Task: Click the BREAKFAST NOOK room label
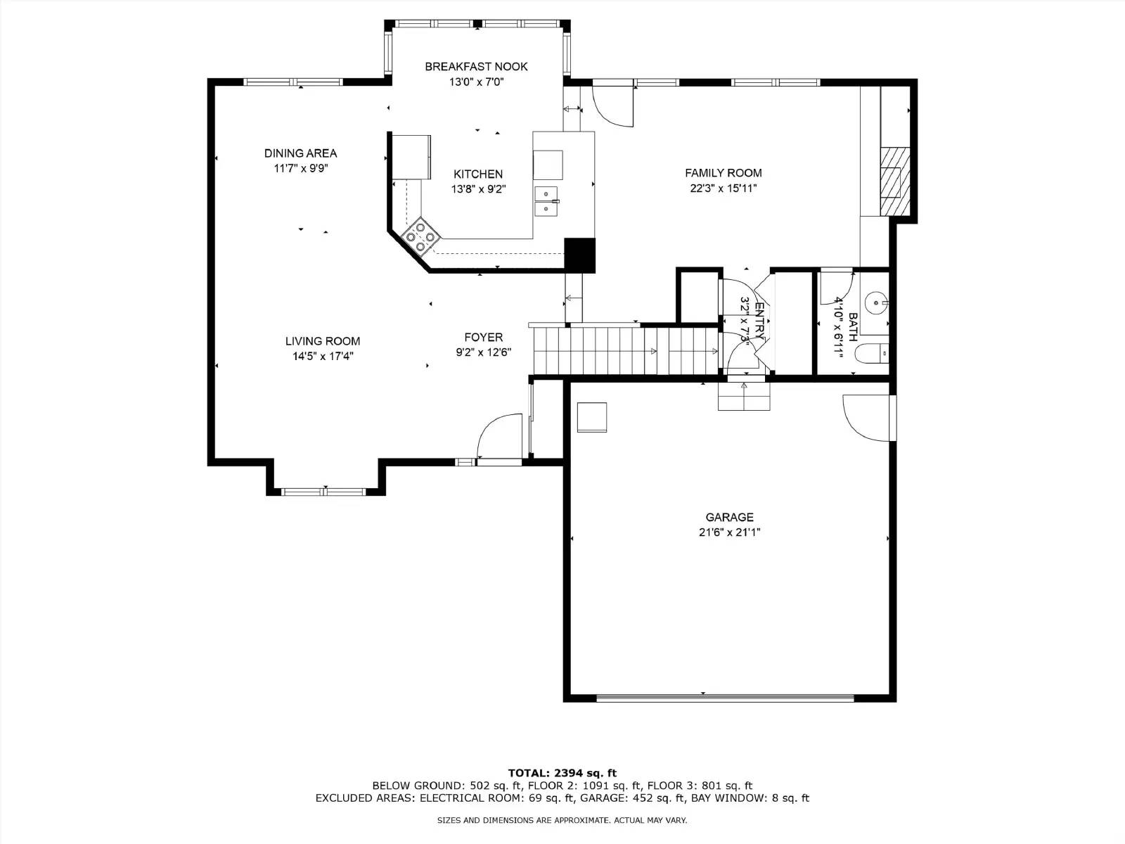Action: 476,67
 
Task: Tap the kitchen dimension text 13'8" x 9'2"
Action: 478,189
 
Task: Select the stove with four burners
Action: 420,236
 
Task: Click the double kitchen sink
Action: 547,201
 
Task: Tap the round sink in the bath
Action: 875,304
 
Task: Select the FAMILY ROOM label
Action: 723,173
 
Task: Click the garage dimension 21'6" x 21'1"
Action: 729,532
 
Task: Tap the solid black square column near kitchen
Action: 580,255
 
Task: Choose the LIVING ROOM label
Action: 323,341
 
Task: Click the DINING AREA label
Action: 300,153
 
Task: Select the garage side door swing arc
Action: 865,415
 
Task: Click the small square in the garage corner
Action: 591,417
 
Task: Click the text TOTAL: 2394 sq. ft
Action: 562,773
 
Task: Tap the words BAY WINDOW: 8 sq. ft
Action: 750,798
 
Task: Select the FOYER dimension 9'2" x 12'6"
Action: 483,352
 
